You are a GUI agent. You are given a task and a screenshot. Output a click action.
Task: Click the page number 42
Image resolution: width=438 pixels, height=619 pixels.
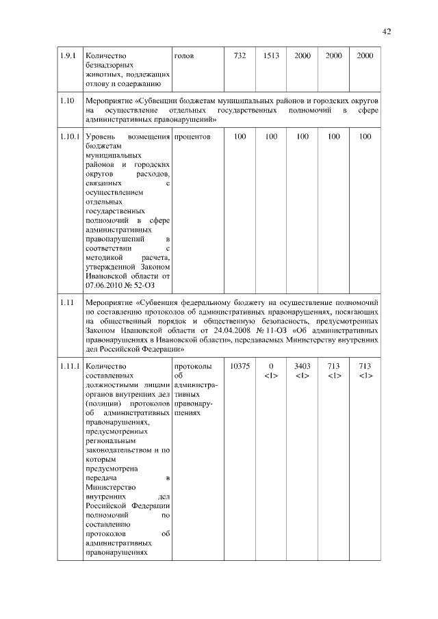387,31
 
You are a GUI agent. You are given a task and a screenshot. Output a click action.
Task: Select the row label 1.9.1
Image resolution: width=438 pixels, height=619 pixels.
68,55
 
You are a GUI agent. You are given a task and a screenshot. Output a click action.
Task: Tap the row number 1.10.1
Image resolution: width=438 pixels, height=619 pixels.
70,137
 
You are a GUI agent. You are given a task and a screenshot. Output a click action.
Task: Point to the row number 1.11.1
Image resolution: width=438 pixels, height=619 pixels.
70,367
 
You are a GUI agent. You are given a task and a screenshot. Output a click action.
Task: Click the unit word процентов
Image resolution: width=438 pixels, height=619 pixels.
192,137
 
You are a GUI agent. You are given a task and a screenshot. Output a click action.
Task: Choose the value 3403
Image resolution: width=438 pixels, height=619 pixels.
302,367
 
